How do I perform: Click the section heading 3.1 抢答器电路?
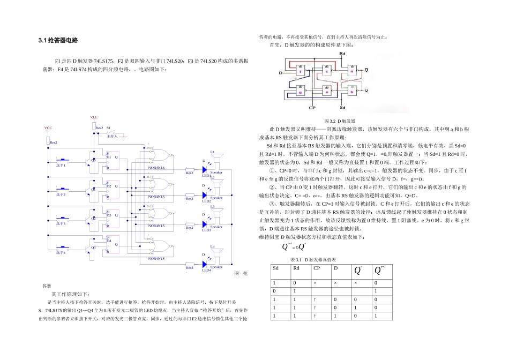pyautogui.click(x=58, y=40)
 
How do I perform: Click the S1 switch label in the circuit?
pyautogui.click(x=108, y=128)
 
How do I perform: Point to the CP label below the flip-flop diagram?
pyautogui.click(x=311, y=107)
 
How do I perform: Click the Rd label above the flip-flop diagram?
pyautogui.click(x=342, y=54)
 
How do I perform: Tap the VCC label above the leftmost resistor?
pyautogui.click(x=48, y=129)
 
